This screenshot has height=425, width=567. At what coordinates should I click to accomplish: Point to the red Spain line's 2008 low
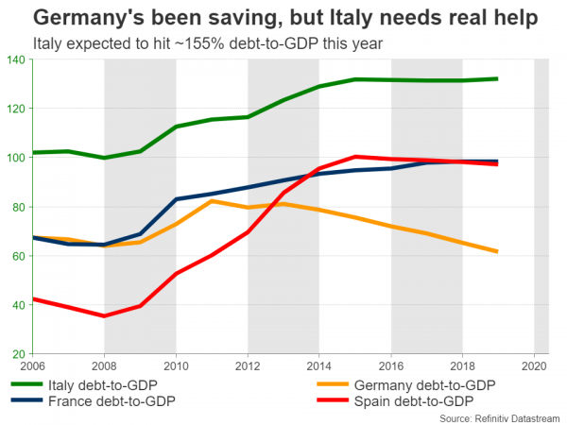pos(104,315)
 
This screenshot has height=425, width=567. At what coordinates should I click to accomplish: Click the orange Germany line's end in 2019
pos(498,251)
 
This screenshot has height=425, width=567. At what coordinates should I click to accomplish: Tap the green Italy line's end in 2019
pos(498,79)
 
